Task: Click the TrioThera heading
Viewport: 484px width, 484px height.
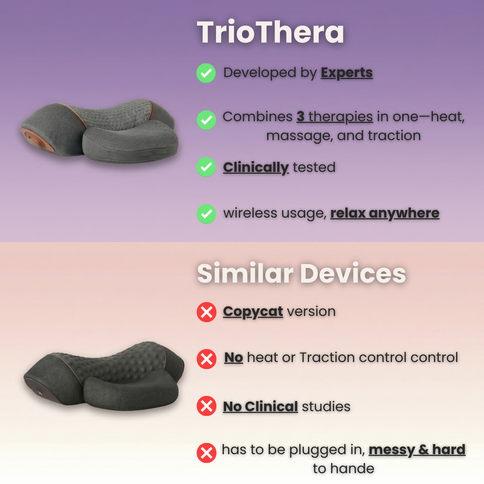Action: click(x=270, y=32)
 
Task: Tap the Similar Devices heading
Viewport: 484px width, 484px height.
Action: click(x=301, y=273)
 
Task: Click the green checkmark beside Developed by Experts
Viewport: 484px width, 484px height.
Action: click(x=206, y=73)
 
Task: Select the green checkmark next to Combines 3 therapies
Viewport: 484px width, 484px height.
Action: click(x=206, y=120)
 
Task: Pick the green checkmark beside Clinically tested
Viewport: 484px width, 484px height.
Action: click(x=206, y=167)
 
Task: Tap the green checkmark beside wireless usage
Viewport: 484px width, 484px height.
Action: click(x=206, y=214)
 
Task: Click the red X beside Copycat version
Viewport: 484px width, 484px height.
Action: click(x=206, y=312)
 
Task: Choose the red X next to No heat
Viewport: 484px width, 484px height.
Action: click(x=206, y=359)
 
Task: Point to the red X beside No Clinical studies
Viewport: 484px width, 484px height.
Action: click(x=206, y=406)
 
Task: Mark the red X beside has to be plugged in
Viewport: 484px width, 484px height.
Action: click(x=206, y=453)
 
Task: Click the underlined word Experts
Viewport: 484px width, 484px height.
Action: click(x=347, y=73)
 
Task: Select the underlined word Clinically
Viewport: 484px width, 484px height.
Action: click(x=256, y=167)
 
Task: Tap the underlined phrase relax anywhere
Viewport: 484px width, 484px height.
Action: click(x=384, y=213)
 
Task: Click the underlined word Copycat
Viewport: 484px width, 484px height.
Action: click(x=253, y=311)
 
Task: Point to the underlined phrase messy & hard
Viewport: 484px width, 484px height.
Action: click(x=417, y=450)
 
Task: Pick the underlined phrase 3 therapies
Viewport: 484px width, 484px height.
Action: click(x=335, y=117)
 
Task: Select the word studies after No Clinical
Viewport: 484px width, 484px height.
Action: click(x=326, y=407)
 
